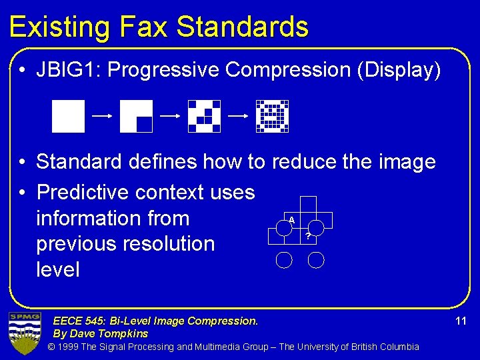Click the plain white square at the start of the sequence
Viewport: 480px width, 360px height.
click(69, 116)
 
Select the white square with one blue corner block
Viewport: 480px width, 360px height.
click(136, 116)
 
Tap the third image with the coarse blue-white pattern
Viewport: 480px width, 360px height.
click(204, 116)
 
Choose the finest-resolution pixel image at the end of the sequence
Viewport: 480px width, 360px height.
click(272, 116)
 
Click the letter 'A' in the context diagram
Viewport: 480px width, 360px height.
click(291, 219)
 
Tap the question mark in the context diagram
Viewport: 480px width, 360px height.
click(307, 235)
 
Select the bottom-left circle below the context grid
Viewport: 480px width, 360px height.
click(285, 259)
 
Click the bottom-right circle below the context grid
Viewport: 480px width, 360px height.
click(317, 259)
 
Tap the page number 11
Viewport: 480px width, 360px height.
click(461, 321)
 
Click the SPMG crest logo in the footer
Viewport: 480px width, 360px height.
click(25, 333)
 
